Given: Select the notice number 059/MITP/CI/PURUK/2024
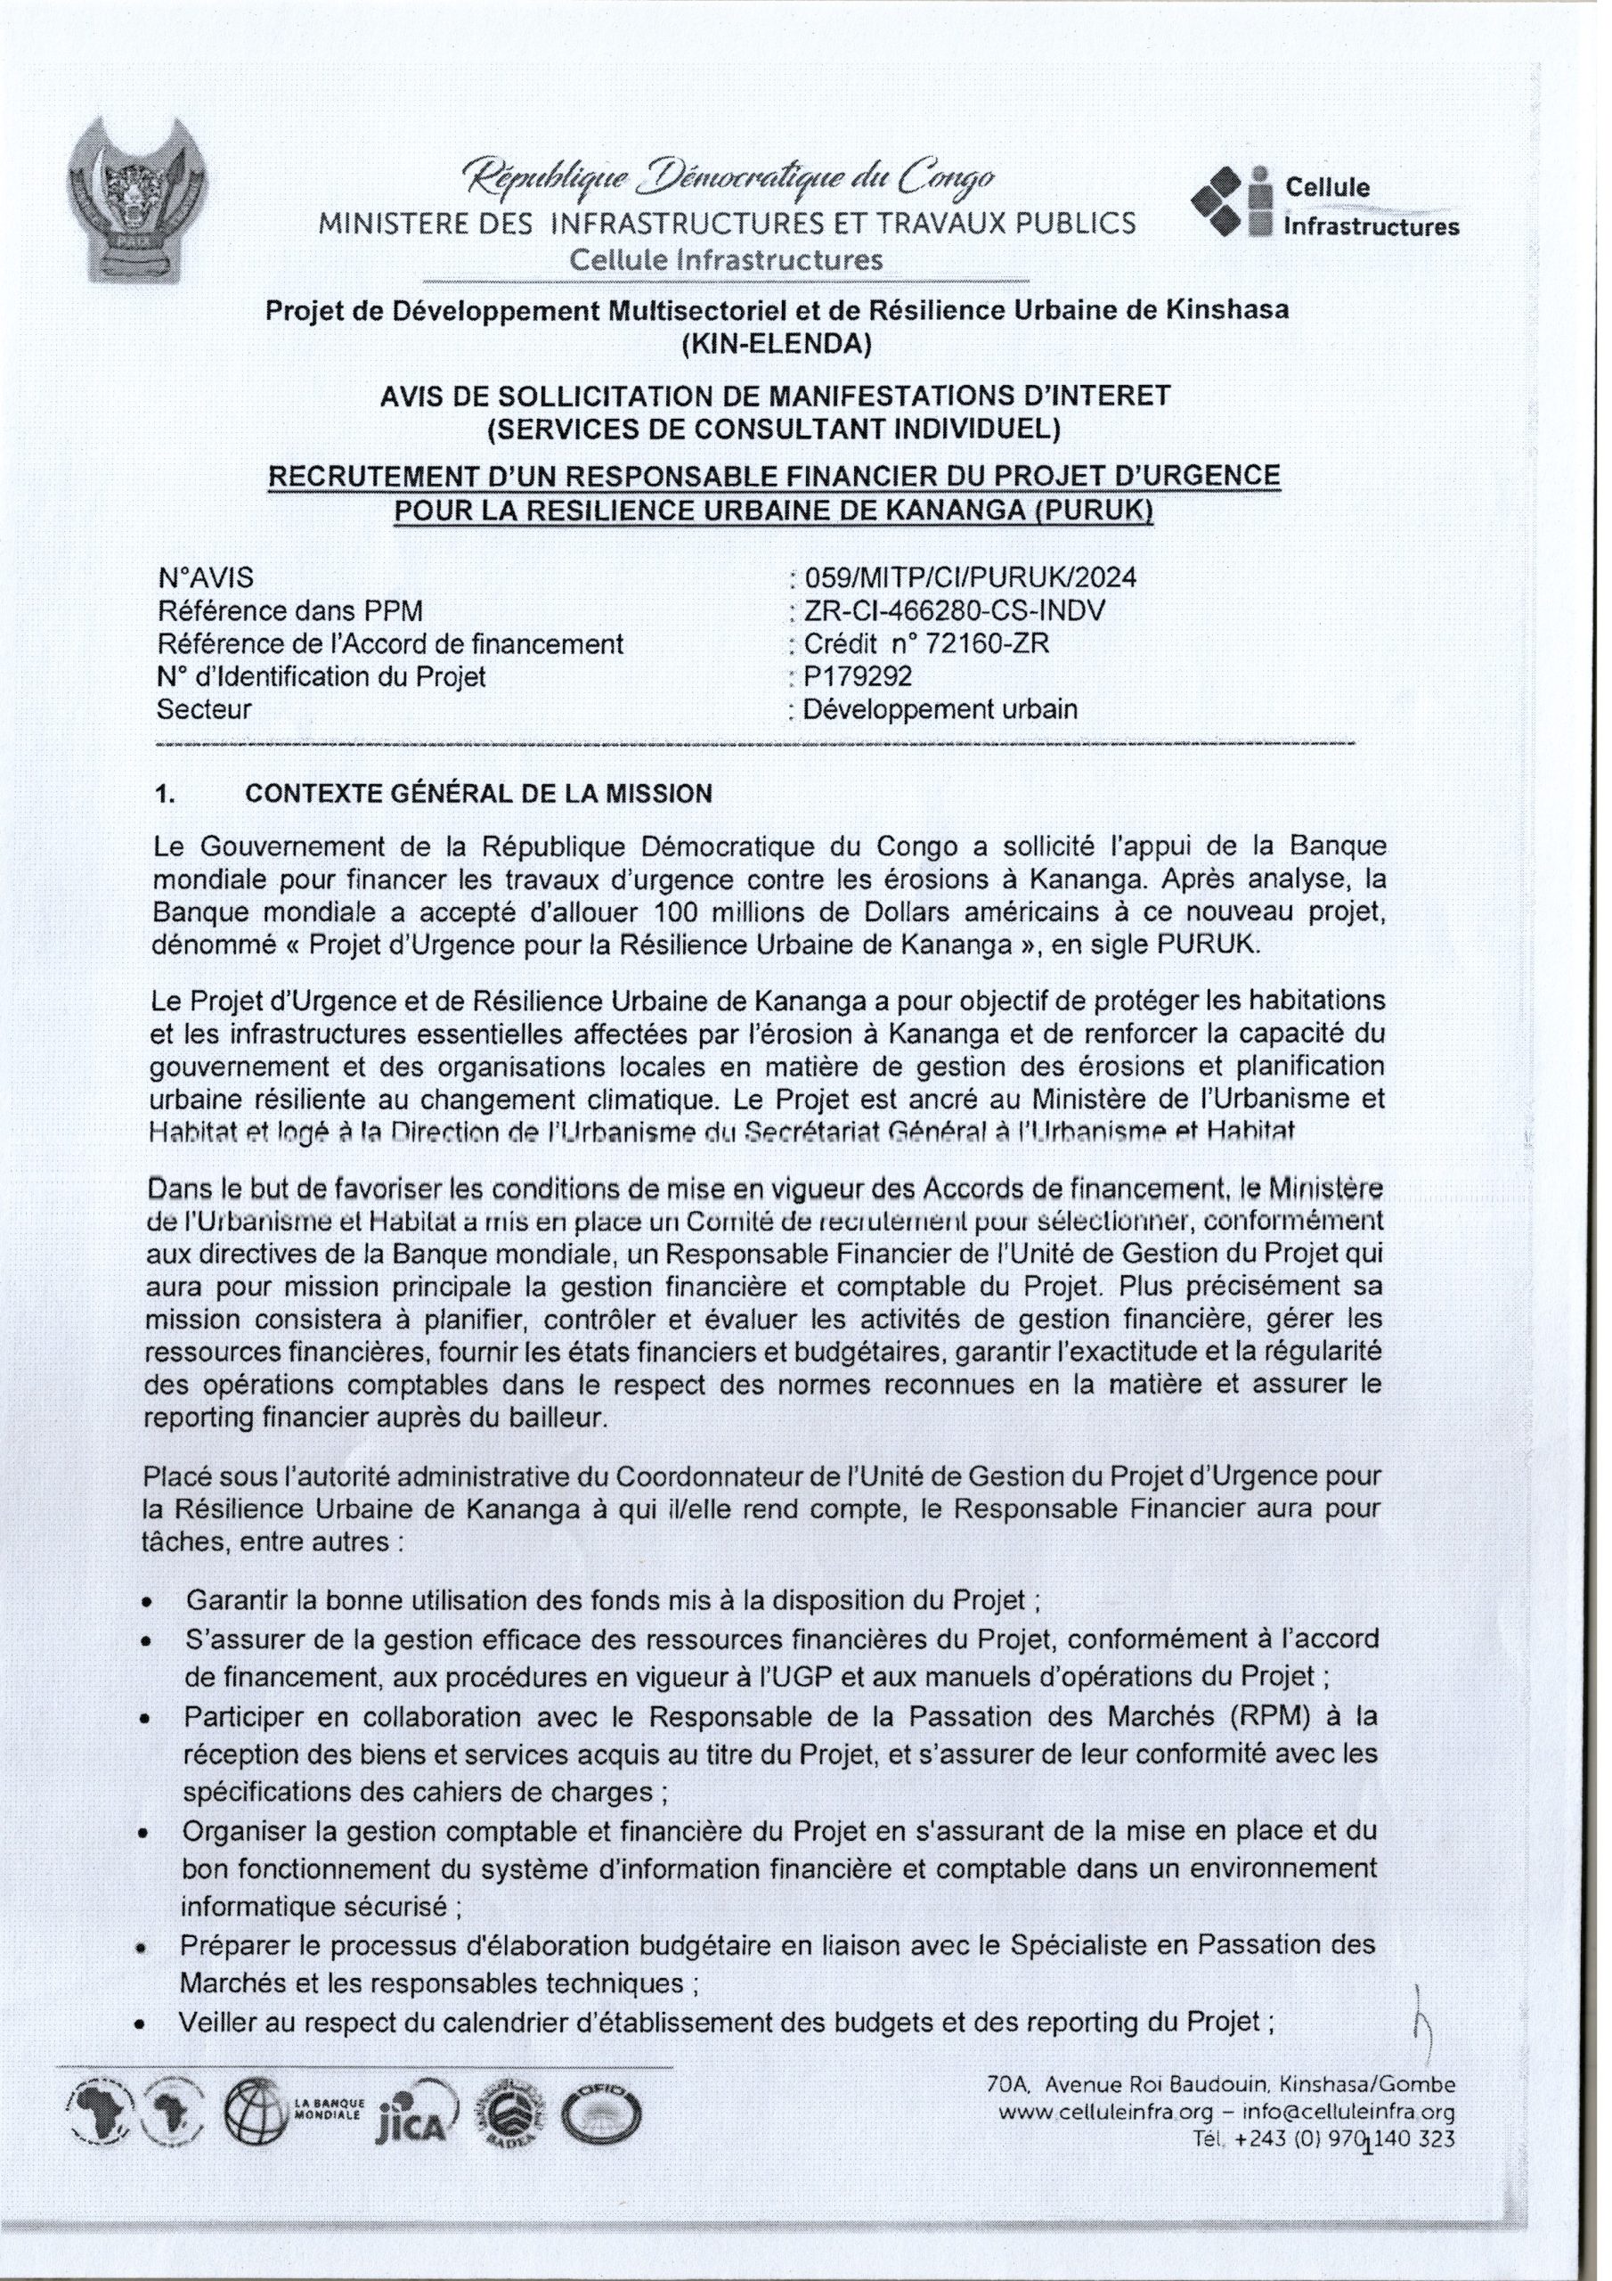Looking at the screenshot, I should click(963, 577).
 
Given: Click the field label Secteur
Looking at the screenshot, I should click(204, 709).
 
